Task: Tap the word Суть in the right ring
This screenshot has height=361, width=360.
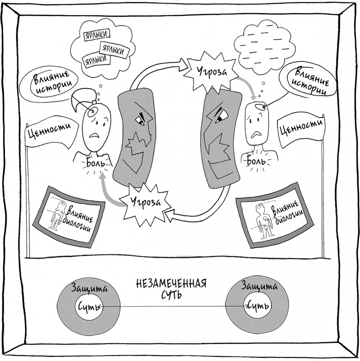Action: coord(257,305)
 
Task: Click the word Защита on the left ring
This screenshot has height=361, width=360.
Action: coord(88,288)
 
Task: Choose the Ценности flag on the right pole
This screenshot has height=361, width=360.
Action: coord(302,130)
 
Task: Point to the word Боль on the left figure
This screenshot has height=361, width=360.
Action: coord(96,162)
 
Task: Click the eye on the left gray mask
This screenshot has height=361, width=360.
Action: coord(139,120)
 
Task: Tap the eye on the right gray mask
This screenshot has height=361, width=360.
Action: coord(221,117)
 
